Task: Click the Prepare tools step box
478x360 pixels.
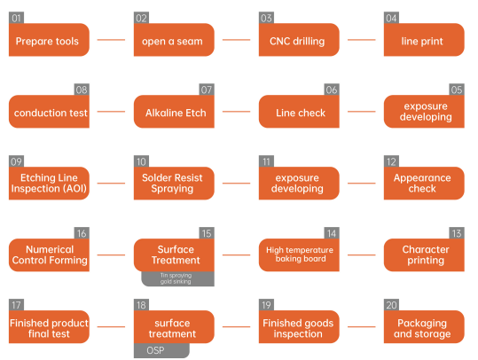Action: pos(49,40)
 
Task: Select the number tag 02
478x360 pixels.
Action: pos(141,18)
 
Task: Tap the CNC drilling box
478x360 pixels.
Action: pos(299,40)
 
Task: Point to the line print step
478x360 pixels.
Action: pos(424,40)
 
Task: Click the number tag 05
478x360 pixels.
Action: pos(457,90)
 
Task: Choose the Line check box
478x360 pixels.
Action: pos(299,111)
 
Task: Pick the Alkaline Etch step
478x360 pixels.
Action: pos(174,111)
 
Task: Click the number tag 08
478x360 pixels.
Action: pos(82,90)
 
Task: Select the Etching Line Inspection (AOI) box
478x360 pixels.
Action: pos(49,184)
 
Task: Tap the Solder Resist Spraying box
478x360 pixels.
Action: pos(174,184)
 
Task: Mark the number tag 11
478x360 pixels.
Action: pos(266,161)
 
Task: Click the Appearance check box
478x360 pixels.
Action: pos(424,184)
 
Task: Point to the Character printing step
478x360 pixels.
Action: pos(424,254)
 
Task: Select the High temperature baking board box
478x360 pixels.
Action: pos(299,254)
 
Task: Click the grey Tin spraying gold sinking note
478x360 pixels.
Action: pos(177,278)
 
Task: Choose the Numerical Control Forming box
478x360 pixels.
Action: pos(49,254)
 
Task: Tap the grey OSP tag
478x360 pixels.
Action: pos(161,350)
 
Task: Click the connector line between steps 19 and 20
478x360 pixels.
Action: pos(362,327)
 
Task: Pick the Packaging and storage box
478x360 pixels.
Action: pos(424,327)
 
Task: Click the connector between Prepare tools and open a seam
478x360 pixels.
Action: pos(111,40)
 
